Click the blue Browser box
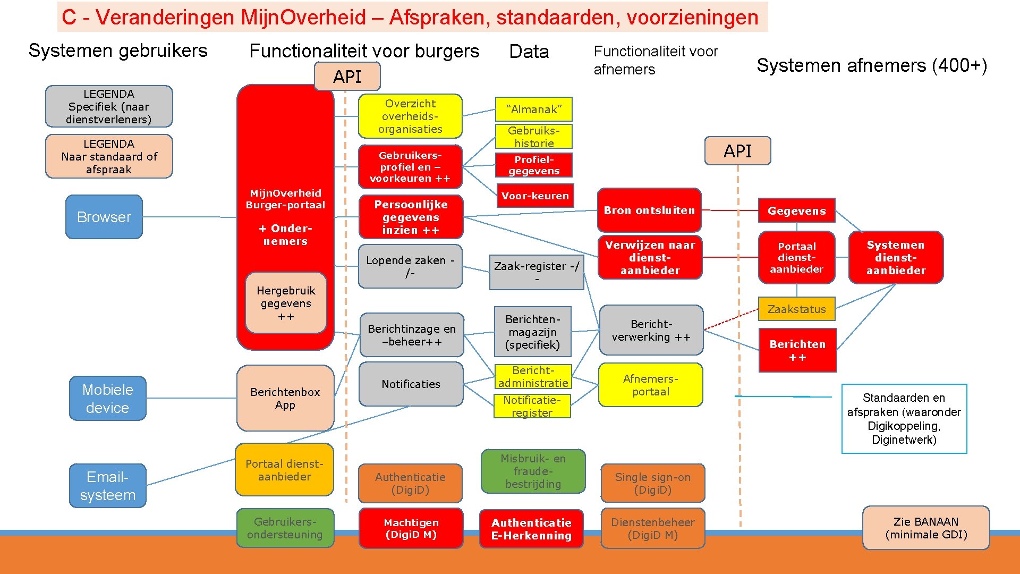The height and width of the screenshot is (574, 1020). pyautogui.click(x=104, y=217)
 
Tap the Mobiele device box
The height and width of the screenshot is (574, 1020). pyautogui.click(x=107, y=399)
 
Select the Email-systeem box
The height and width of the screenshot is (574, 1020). pyautogui.click(x=107, y=486)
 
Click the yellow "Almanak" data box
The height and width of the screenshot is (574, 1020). pyautogui.click(x=533, y=109)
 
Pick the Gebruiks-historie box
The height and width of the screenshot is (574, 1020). pyautogui.click(x=533, y=137)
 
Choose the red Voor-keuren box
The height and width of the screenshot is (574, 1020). pyautogui.click(x=534, y=196)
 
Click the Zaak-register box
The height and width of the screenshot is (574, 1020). pyautogui.click(x=536, y=272)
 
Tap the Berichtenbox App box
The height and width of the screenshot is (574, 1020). pyautogui.click(x=285, y=398)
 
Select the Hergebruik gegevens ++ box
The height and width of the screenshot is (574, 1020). pyautogui.click(x=286, y=303)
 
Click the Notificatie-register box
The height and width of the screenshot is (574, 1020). pyautogui.click(x=532, y=406)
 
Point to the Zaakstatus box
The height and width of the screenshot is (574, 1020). pyautogui.click(x=796, y=309)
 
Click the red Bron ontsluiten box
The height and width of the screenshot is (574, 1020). pyautogui.click(x=649, y=210)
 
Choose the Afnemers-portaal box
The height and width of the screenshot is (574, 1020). pyautogui.click(x=650, y=385)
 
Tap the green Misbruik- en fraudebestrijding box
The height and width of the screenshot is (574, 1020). pyautogui.click(x=533, y=471)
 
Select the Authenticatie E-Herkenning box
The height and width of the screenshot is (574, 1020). pyautogui.click(x=531, y=529)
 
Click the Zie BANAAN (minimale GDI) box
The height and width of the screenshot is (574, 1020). pyautogui.click(x=926, y=528)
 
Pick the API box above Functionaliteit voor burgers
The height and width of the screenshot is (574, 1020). pyautogui.click(x=347, y=77)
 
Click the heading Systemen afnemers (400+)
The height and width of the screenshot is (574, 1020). pyautogui.click(x=871, y=65)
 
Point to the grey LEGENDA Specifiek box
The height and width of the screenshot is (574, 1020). pyautogui.click(x=109, y=106)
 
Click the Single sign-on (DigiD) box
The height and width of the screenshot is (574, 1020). pyautogui.click(x=652, y=483)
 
